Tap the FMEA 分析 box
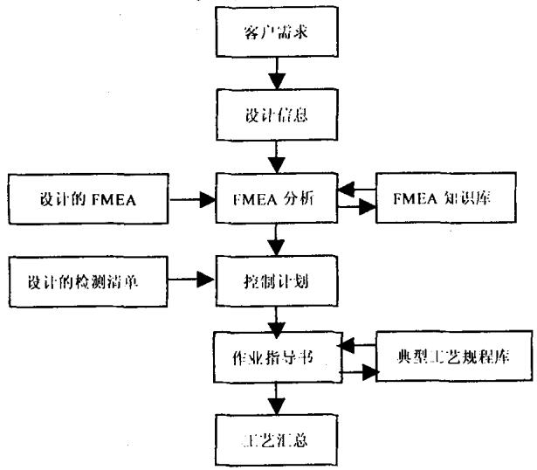(x=277, y=197)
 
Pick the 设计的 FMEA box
(x=86, y=197)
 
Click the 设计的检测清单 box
(x=86, y=282)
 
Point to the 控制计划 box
(x=277, y=282)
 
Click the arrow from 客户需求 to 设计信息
(x=277, y=76)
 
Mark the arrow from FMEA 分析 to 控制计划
(x=277, y=238)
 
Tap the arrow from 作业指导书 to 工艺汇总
(x=277, y=398)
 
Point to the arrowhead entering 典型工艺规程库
(x=367, y=373)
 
